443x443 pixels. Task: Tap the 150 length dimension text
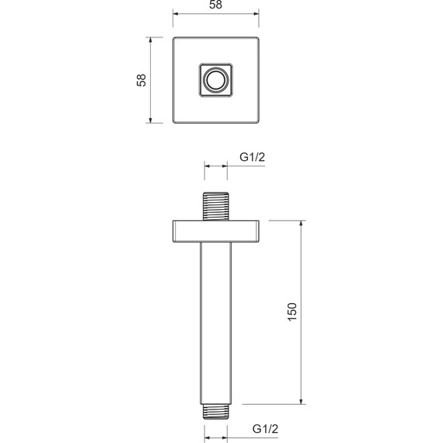pyautogui.click(x=291, y=312)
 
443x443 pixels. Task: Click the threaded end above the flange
pyautogui.click(x=215, y=206)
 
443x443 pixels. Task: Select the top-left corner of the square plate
pyautogui.click(x=173, y=37)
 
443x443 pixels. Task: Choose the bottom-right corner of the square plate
pyautogui.click(x=258, y=123)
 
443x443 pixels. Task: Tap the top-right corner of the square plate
pyautogui.click(x=258, y=37)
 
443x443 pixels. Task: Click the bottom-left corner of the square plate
pyautogui.click(x=173, y=123)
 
